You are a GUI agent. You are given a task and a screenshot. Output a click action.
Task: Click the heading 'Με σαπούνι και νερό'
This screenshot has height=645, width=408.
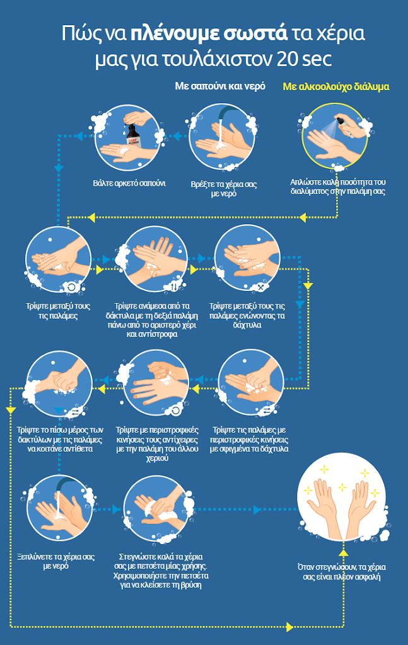(220, 86)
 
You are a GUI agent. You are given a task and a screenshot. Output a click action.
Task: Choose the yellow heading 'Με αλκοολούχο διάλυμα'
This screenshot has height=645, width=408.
(336, 86)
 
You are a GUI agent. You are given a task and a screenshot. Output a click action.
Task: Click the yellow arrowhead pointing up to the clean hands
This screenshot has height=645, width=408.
(343, 552)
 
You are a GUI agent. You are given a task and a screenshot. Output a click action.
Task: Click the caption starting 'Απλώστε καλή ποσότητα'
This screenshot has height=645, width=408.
(337, 187)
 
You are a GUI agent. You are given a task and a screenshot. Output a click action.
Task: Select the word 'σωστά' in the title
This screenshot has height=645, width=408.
(252, 33)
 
